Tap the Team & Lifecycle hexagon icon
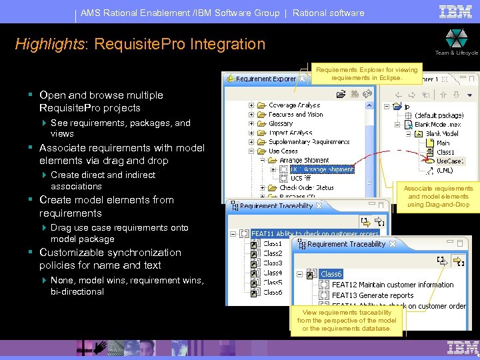point(456,37)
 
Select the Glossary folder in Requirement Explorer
point(281,123)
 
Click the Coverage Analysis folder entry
point(294,105)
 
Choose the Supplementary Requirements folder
point(309,142)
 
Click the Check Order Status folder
point(306,188)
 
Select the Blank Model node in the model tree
point(441,133)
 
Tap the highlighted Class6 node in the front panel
point(331,274)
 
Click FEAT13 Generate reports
point(373,295)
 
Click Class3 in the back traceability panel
point(273,263)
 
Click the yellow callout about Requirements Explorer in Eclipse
point(367,73)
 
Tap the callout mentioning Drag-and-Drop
point(438,197)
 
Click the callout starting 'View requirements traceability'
point(347,321)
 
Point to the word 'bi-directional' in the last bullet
point(77,292)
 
